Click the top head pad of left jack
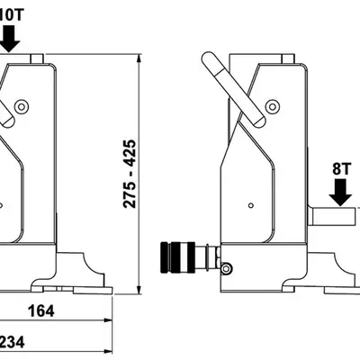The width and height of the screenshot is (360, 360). (38, 58)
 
